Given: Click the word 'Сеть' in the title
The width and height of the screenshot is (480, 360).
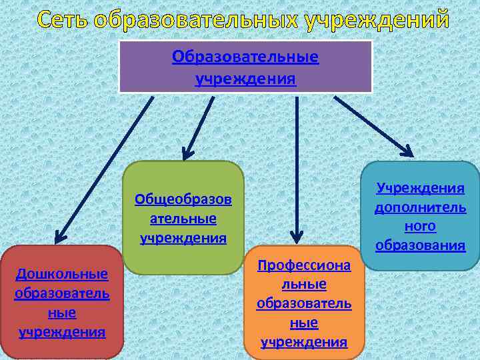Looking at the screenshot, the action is (x=63, y=19).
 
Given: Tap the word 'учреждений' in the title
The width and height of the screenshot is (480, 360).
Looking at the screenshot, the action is (x=377, y=19).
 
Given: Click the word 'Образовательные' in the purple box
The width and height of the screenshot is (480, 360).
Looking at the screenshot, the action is (x=245, y=57).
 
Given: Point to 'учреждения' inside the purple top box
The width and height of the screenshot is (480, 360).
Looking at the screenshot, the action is (x=245, y=79).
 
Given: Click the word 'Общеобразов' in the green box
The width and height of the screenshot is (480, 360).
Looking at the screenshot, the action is (x=183, y=199).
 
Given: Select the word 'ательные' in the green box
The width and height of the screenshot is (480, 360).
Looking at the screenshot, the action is (x=183, y=219).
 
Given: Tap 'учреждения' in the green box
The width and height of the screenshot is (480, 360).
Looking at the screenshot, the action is (x=183, y=237).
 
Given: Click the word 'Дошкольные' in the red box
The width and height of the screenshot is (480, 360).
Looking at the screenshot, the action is (x=62, y=274).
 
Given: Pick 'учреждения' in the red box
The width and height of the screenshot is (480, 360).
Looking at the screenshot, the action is (x=62, y=331).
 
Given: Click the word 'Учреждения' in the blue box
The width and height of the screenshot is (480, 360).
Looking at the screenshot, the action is (x=420, y=189).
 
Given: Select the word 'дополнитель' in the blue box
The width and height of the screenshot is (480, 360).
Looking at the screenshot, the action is (x=420, y=207).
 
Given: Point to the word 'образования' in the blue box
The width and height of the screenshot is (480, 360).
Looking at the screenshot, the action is (x=420, y=245).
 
